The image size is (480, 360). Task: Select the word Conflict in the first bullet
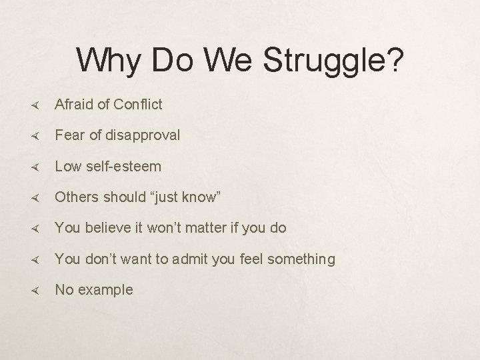137,104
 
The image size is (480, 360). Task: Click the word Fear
69,135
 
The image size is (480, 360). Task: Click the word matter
203,228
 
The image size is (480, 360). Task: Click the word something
301,259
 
